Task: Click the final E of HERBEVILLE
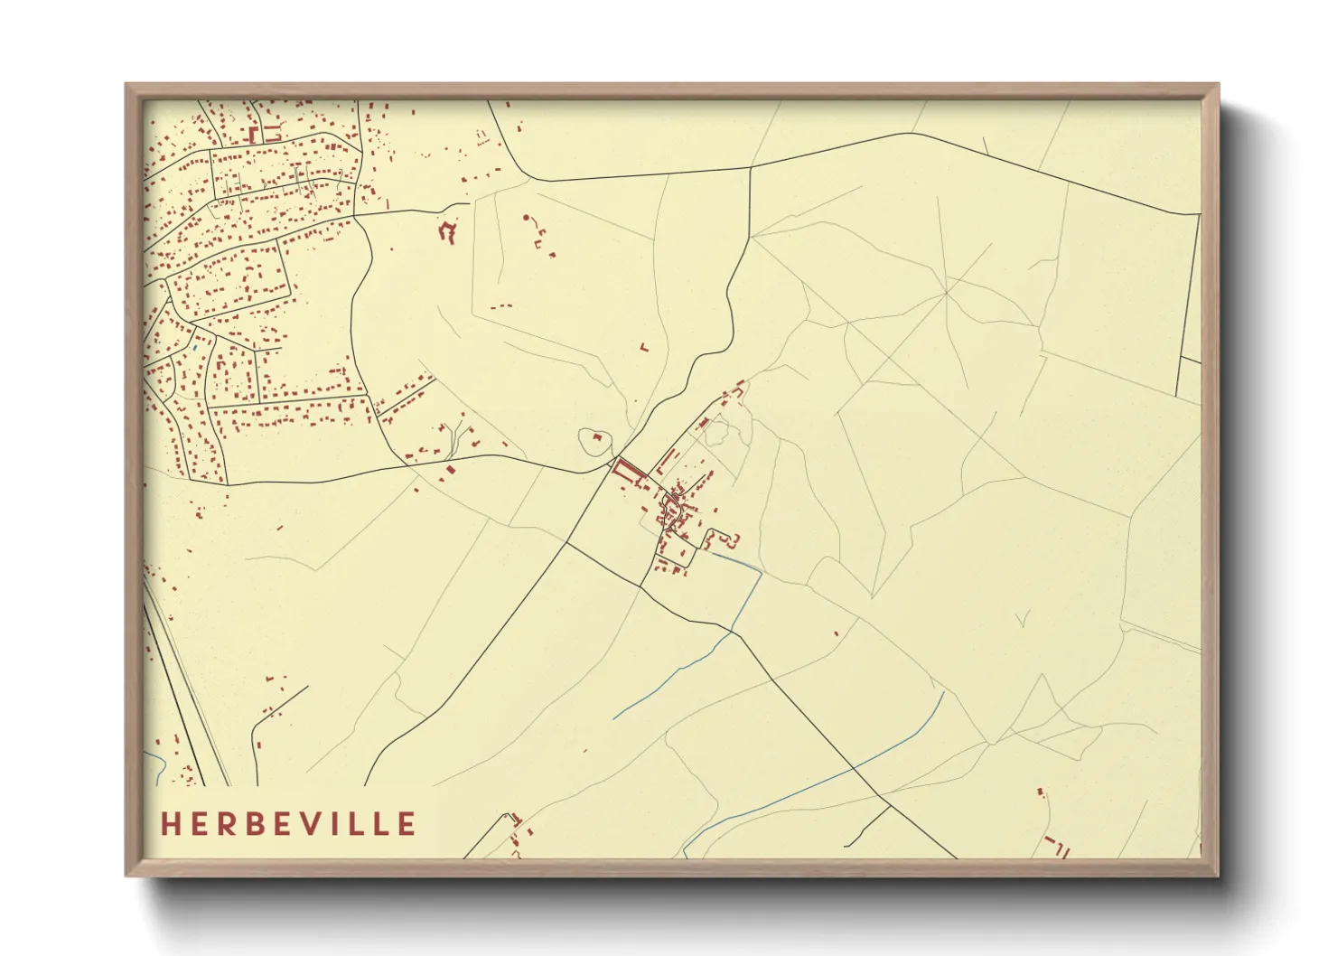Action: (x=407, y=824)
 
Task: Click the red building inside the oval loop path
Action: (x=596, y=437)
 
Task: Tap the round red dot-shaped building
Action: (x=527, y=218)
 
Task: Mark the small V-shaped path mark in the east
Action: (x=1023, y=620)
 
